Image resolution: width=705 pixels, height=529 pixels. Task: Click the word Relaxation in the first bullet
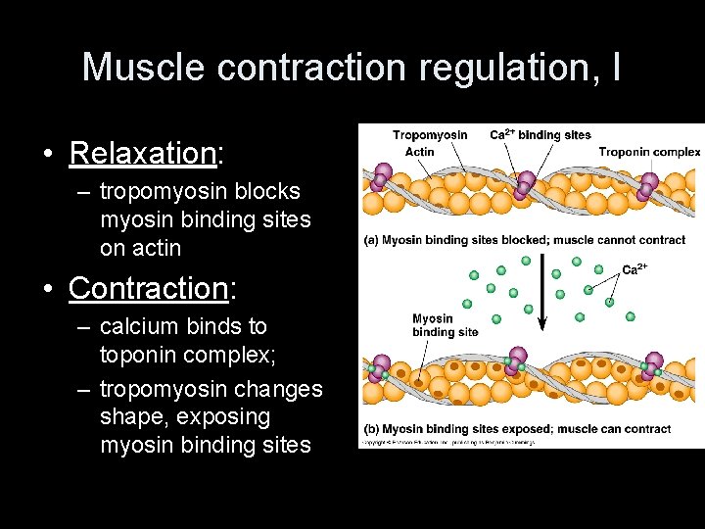click(x=141, y=154)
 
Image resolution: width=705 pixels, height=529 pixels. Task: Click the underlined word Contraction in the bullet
click(x=148, y=289)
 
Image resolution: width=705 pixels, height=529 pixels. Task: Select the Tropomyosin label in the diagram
click(x=430, y=135)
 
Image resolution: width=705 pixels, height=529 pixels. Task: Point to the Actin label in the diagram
click(x=419, y=152)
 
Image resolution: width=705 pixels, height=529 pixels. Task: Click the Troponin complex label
click(x=649, y=152)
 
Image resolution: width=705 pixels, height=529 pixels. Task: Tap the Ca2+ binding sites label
click(x=540, y=135)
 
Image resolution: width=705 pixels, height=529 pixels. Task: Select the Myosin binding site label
click(x=445, y=324)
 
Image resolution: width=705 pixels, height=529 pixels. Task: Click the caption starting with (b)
click(x=517, y=429)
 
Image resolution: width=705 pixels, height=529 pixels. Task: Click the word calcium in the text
click(x=138, y=326)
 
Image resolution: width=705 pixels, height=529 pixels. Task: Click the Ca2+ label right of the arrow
click(x=636, y=268)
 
